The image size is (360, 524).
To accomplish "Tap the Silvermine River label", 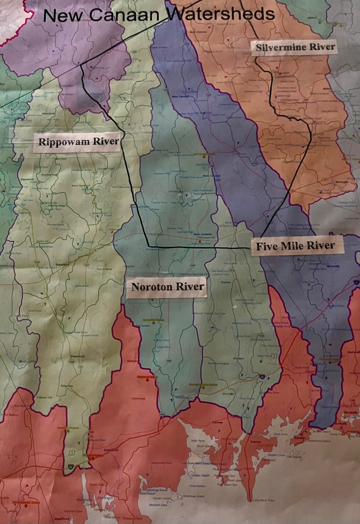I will pos(295,47).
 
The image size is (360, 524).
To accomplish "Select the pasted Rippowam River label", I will pos(79,141).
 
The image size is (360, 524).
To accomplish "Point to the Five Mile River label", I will pos(295,246).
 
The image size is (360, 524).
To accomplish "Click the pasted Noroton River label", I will pos(168,286).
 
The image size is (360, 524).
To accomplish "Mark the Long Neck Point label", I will pos(263,500).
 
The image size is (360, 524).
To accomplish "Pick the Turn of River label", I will pos(104,269).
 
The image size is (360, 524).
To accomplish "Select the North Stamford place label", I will pos(80,185).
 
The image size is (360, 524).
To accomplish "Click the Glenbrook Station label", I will pos(147,377).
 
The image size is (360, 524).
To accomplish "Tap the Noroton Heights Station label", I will pos(203,384).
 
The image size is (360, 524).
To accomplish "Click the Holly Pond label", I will pos(197,441).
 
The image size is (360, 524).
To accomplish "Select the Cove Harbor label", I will pos(197,486).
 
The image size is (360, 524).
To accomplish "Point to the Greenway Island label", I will pos(194,496).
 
